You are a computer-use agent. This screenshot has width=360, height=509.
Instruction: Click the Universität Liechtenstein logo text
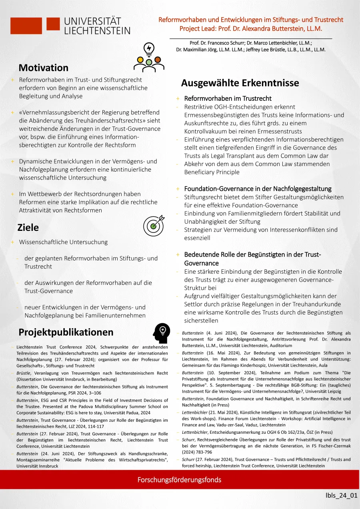click(97, 26)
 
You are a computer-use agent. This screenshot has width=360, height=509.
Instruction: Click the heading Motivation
click(44, 68)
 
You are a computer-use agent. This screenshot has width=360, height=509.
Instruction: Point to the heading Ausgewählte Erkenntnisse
click(240, 83)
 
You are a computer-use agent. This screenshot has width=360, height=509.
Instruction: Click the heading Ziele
click(28, 227)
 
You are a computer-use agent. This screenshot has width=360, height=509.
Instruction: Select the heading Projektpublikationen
click(66, 332)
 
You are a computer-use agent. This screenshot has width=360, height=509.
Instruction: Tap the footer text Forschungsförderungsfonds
click(179, 479)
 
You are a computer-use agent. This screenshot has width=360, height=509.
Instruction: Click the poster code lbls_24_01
click(341, 496)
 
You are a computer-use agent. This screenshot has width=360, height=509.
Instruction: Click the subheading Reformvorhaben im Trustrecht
click(228, 98)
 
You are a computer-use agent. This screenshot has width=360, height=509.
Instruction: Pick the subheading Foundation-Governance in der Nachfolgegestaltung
click(258, 188)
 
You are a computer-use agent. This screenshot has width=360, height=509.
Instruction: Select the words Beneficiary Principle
click(212, 172)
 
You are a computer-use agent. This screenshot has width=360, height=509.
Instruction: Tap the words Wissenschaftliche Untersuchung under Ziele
click(63, 242)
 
